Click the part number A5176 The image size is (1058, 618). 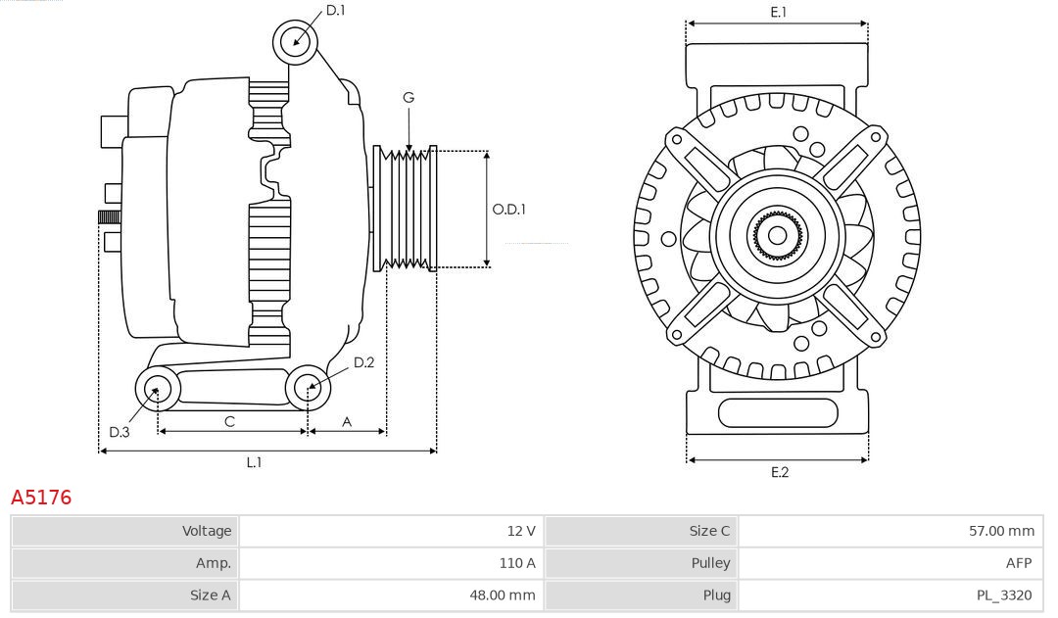(41, 498)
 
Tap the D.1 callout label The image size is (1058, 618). (335, 10)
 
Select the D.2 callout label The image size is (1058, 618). (363, 362)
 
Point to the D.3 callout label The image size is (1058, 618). (119, 432)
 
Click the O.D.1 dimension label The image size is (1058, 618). (508, 209)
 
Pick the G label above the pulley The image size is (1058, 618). (409, 98)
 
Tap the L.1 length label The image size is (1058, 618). (254, 462)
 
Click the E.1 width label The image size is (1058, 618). (779, 12)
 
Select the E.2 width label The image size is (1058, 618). (779, 472)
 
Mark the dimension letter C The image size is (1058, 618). (229, 421)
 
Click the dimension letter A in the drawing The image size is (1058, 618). (347, 421)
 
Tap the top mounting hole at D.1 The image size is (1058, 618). (295, 42)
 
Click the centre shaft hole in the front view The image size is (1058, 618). (777, 235)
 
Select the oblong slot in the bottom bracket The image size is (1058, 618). (778, 412)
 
